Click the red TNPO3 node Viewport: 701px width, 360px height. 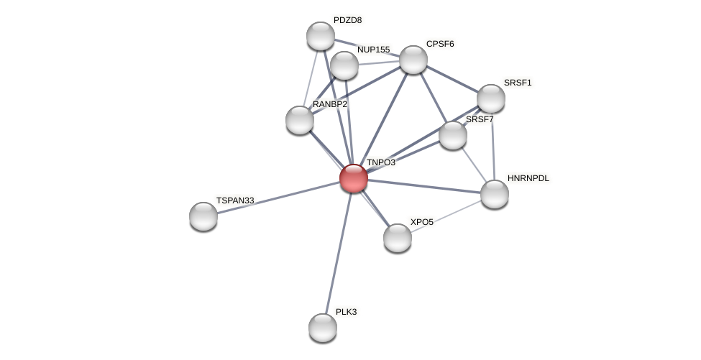tap(353, 178)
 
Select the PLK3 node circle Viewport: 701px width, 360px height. tap(323, 328)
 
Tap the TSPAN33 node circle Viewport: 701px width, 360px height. tap(203, 216)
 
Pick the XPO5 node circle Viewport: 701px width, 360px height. tap(398, 238)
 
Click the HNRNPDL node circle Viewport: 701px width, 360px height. tap(495, 194)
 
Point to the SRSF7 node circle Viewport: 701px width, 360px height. tap(453, 135)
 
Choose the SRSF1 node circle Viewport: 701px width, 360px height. tap(491, 99)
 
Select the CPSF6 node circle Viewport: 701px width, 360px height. tap(413, 60)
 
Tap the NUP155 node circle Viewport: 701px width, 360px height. tap(344, 65)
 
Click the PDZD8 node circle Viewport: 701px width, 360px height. tap(321, 36)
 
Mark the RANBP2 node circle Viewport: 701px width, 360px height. tap(300, 120)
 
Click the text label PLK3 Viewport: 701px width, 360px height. tap(346, 312)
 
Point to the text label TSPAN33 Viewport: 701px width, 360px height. tap(235, 200)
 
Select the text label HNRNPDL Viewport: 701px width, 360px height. tap(528, 178)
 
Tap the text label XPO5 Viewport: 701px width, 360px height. tap(421, 222)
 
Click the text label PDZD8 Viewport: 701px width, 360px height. tap(347, 20)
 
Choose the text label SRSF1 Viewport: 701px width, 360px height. tap(518, 83)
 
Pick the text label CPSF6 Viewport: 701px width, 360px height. tap(440, 44)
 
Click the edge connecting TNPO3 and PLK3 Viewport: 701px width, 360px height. tap(338, 253)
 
